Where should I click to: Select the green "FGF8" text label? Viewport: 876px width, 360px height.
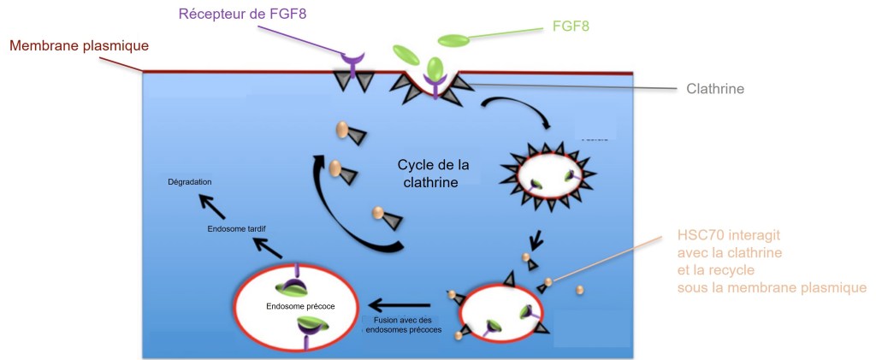coord(566,27)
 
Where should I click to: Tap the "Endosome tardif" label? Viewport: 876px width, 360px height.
coord(237,228)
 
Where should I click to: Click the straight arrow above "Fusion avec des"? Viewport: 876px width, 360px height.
coord(399,304)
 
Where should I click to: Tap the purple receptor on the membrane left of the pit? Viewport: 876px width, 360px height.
coord(352,61)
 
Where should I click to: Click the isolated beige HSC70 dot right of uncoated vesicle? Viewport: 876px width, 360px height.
coord(581,290)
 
